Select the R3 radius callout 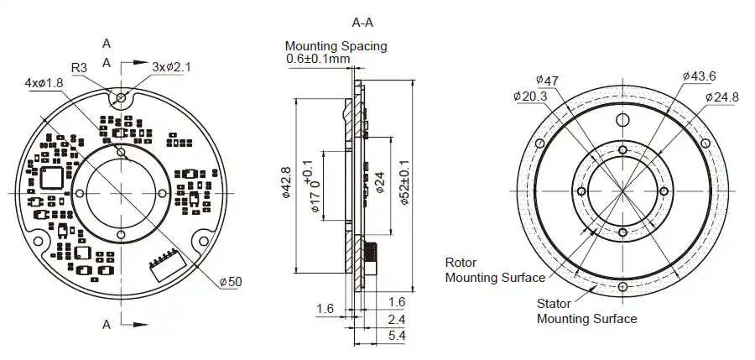[x=80, y=67]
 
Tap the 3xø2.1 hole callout [x=171, y=66]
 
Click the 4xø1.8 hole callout [x=44, y=83]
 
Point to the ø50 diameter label [x=229, y=281]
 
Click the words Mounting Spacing [x=336, y=45]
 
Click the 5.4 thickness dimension [x=398, y=336]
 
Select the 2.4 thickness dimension [x=398, y=319]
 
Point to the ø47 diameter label [x=547, y=80]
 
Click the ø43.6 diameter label [x=699, y=76]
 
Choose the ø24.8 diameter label [x=721, y=97]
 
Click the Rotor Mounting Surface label [x=494, y=269]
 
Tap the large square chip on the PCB [x=52, y=177]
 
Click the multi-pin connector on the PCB [x=161, y=264]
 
